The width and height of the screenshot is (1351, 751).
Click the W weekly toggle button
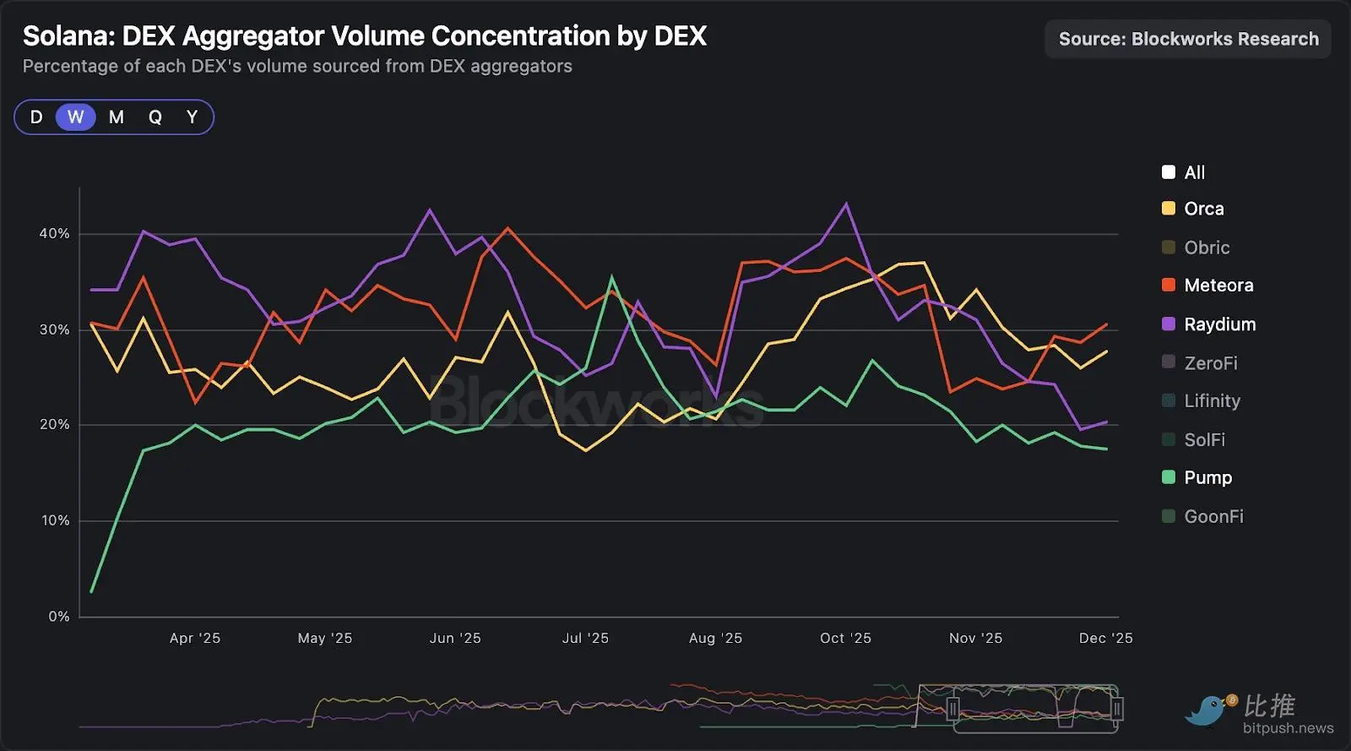76,117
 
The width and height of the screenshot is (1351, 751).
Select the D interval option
36,117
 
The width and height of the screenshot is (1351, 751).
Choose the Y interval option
192,117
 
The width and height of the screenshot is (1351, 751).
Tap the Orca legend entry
1203,209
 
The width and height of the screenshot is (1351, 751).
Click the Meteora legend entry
1218,286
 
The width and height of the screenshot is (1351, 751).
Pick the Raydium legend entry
1219,324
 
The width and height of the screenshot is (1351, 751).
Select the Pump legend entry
1207,478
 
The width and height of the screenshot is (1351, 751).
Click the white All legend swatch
1169,172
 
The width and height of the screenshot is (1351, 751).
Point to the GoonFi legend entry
1213,516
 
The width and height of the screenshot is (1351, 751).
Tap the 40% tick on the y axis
54,234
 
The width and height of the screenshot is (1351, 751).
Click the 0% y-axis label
59,617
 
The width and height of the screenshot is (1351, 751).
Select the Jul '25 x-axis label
585,639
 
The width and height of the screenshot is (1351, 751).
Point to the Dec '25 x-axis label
1105,639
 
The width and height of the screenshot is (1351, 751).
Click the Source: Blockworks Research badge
1188,40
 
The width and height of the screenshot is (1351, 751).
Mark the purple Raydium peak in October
846,204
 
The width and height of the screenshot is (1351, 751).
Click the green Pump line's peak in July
612,277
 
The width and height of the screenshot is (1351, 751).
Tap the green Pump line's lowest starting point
91,591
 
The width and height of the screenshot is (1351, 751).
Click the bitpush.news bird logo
1208,710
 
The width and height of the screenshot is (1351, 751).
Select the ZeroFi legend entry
1210,363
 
